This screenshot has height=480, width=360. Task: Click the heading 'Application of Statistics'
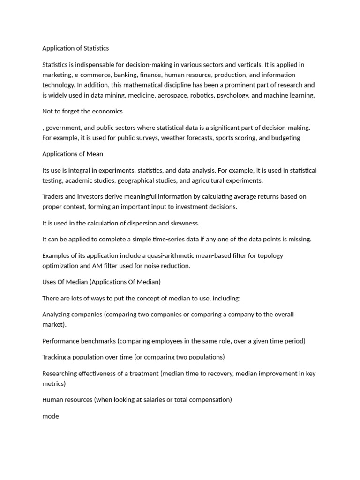coord(75,48)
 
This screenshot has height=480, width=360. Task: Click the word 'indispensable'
coord(97,65)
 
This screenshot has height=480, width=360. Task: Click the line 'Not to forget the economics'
coord(82,112)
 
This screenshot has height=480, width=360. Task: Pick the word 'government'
coord(62,127)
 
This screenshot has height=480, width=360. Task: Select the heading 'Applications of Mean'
coord(73,154)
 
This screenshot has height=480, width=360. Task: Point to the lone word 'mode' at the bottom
coord(51,416)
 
